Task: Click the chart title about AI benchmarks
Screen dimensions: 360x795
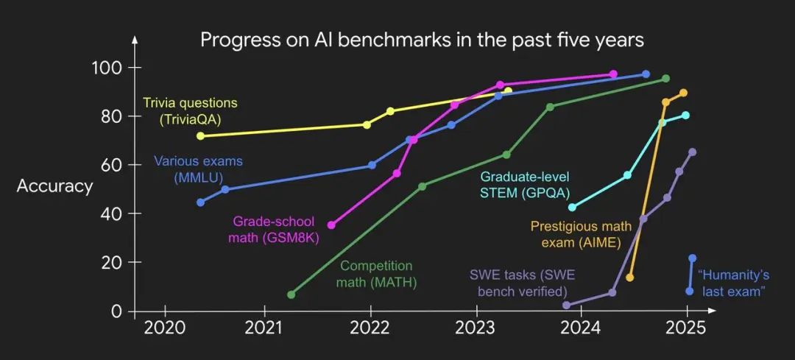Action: coord(422,40)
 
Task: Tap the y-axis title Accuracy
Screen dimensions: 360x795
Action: coord(54,186)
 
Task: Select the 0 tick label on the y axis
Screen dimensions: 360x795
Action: coord(116,311)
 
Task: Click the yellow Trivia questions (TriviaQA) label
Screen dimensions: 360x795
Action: coord(190,110)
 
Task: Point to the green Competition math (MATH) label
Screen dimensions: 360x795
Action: coord(375,273)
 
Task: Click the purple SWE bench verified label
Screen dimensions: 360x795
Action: coord(522,283)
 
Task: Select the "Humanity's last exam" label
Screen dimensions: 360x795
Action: coord(734,283)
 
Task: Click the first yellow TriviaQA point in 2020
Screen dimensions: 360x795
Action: coord(200,135)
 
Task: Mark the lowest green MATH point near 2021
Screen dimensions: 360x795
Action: coord(291,294)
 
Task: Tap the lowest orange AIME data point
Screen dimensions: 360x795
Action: coord(629,278)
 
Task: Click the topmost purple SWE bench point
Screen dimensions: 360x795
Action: coord(692,152)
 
